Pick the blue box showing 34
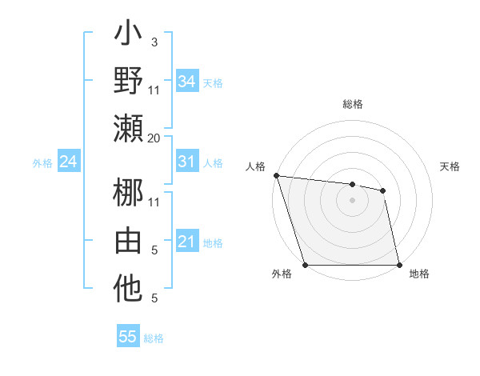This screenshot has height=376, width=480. tap(187, 82)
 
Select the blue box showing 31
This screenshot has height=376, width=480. tap(187, 162)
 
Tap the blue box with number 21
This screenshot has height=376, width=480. tap(187, 242)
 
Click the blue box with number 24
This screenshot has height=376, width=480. tap(69, 162)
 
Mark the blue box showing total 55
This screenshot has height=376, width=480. tap(128, 337)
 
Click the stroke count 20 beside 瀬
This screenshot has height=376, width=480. tap(154, 138)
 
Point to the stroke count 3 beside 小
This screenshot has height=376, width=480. tap(154, 41)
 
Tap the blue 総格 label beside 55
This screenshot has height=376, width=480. tap(154, 338)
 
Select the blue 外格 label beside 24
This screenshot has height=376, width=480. tap(42, 163)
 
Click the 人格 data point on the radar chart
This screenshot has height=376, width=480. tap(276, 175)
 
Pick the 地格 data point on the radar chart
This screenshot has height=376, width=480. tap(399, 265)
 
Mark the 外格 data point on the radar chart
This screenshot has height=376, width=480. tap(305, 265)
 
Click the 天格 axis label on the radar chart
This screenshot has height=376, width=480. tap(450, 166)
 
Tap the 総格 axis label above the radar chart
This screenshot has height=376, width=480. tap(353, 105)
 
